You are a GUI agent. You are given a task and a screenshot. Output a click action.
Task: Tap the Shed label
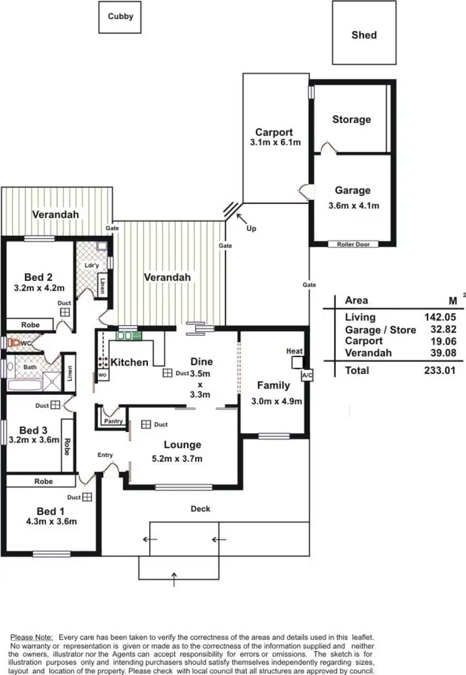click(364, 35)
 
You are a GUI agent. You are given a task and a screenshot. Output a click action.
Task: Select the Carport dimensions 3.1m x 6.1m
click(274, 142)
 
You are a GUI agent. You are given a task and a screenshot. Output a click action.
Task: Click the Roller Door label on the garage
click(353, 244)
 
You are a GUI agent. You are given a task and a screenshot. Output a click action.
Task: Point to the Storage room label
click(351, 119)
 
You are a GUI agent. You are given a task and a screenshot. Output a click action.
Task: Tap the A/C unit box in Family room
click(306, 376)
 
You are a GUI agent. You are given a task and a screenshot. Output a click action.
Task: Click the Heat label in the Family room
click(294, 351)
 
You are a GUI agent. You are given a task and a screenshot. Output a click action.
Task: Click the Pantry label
click(114, 421)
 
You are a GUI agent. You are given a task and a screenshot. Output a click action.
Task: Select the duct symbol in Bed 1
click(87, 497)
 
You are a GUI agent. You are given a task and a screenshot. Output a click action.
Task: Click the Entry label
click(105, 455)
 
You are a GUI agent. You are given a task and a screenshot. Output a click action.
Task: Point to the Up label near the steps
click(251, 229)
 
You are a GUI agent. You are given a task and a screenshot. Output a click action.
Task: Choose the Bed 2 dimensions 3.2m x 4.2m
click(38, 288)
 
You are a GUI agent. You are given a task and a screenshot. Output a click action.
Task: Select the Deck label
click(200, 509)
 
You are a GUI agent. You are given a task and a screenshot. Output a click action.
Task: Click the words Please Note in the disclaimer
click(32, 638)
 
